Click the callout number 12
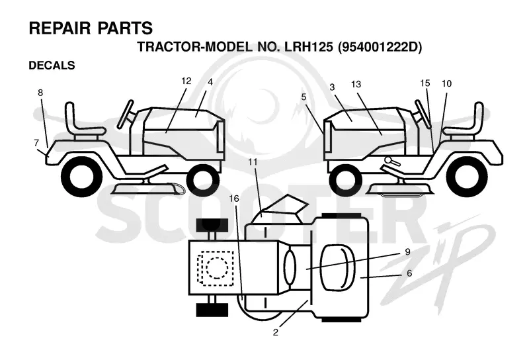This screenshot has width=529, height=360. [x=186, y=81]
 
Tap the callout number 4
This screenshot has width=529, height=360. [x=210, y=82]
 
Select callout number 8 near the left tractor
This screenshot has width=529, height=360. [x=40, y=93]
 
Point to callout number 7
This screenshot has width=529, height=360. [x=36, y=143]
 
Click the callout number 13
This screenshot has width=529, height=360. [x=356, y=84]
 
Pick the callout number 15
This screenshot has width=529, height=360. [x=425, y=83]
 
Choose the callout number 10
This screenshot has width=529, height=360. [x=446, y=83]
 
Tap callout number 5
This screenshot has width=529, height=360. [x=304, y=97]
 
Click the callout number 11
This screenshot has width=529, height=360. [x=253, y=162]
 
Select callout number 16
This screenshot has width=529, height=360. [x=234, y=199]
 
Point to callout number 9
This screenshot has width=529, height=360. [x=407, y=252]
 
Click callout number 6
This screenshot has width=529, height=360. [x=409, y=273]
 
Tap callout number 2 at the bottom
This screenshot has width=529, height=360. [x=276, y=332]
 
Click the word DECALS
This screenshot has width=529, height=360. [x=52, y=65]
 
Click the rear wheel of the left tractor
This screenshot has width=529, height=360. [x=81, y=176]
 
